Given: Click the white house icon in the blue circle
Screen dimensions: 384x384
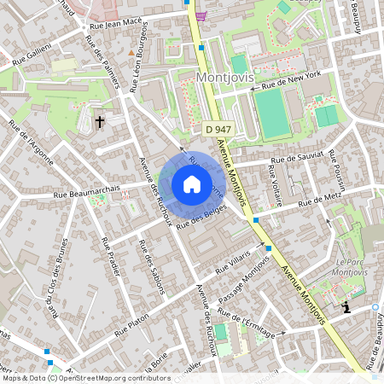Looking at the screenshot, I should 192,184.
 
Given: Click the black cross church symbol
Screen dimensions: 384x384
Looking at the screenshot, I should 100,122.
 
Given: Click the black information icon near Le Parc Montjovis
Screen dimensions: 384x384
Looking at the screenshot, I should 346,305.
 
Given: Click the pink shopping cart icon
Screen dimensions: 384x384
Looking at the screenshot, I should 200,15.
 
